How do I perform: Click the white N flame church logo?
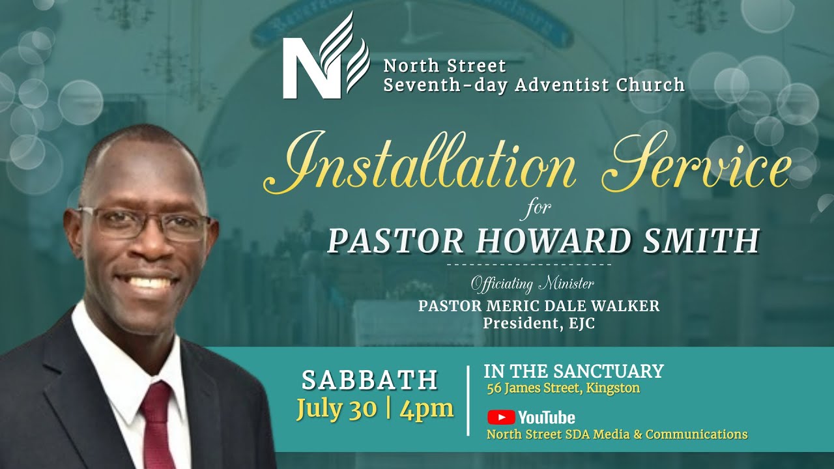(326, 57)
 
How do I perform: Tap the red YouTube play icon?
(500, 418)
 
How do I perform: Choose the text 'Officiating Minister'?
(532, 284)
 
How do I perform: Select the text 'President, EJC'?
(538, 323)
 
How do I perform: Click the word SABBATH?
(369, 380)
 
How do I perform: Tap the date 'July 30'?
(336, 409)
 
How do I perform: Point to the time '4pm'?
(427, 409)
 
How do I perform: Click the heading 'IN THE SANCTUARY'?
(573, 371)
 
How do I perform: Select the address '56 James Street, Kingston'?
(564, 389)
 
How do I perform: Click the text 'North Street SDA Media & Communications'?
(617, 434)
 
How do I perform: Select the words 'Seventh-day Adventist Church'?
(534, 85)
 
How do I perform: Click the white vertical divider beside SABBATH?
(468, 400)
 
